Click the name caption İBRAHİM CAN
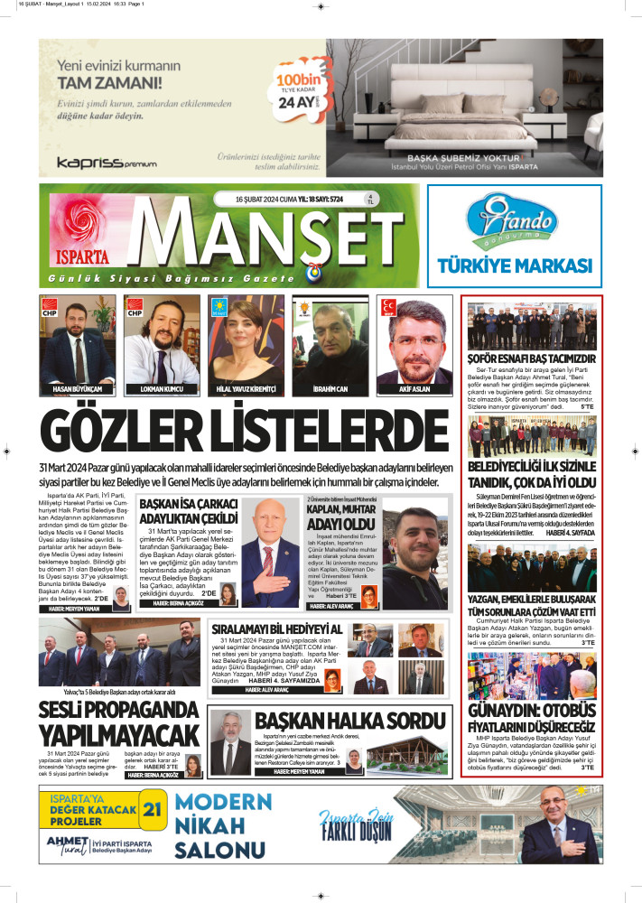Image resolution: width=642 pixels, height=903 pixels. click(330, 391)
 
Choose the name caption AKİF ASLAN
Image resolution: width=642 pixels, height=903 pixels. click(414, 391)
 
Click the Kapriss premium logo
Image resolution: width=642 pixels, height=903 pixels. click(93, 163)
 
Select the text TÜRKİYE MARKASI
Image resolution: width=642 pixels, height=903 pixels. click(514, 265)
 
